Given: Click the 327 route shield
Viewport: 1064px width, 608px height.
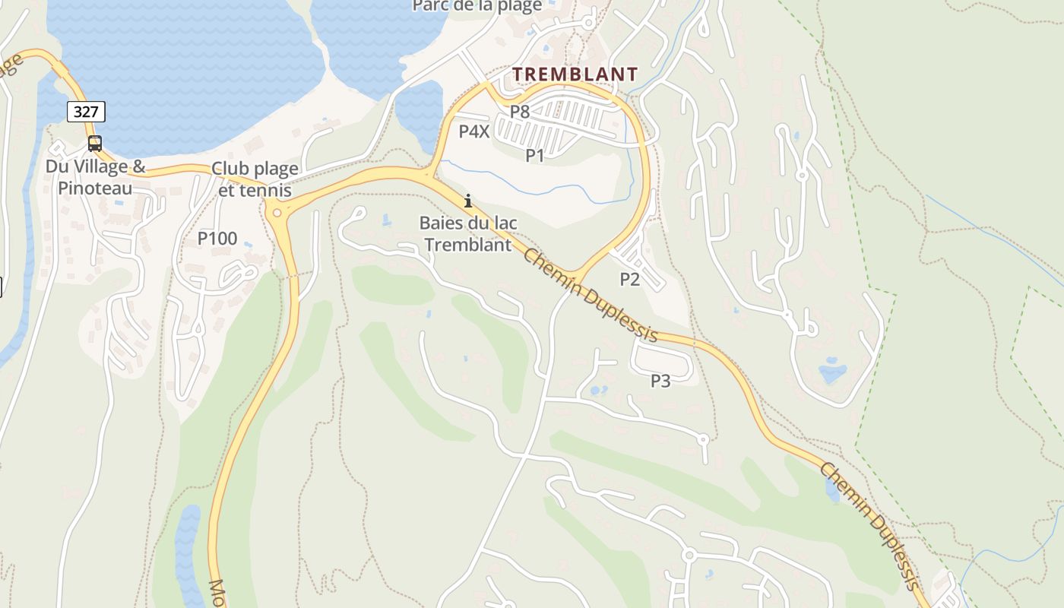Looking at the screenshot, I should (x=86, y=112).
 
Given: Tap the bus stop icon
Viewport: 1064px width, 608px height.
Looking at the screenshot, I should (x=95, y=143).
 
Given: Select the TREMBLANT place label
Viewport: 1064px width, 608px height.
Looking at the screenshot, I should (x=575, y=74).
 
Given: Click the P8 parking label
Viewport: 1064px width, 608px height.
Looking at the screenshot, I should (x=519, y=112).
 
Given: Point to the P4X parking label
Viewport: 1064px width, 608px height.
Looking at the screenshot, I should (x=474, y=131).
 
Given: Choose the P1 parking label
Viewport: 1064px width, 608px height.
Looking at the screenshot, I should (x=535, y=156).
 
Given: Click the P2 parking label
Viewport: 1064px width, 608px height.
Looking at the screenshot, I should (x=630, y=279).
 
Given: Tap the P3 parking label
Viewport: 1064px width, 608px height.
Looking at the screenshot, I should (x=660, y=381).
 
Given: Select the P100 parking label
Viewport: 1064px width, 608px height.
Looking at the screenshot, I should (x=217, y=239).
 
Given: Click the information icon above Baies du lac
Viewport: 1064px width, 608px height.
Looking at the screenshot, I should (x=468, y=201).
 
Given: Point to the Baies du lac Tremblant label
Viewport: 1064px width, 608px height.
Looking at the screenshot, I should (x=468, y=234).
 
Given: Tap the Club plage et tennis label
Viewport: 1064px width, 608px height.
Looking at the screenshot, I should (x=255, y=179).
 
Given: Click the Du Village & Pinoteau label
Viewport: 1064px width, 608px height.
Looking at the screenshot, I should (x=95, y=177).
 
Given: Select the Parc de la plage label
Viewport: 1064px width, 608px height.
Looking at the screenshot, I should (x=477, y=6).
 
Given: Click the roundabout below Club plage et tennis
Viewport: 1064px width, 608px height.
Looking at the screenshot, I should (x=277, y=213).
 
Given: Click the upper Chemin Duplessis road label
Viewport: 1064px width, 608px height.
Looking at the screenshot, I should (x=590, y=295).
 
